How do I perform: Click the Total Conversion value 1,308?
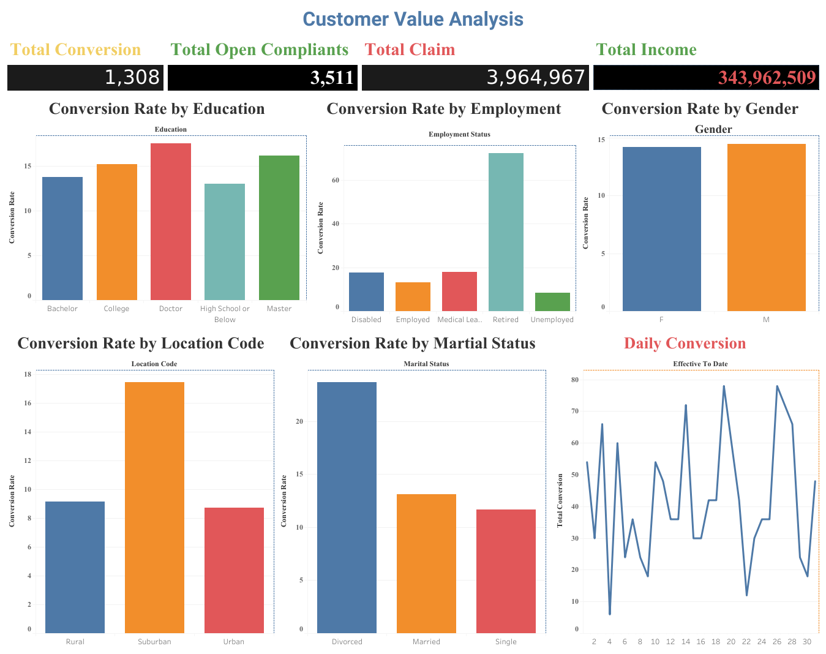(132, 77)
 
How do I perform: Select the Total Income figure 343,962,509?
(767, 78)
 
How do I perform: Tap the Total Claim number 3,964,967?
(536, 77)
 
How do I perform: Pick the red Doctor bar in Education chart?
(171, 222)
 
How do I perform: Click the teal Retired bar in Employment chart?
(506, 232)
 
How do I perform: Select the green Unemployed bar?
(552, 302)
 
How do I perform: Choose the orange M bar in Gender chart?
(766, 227)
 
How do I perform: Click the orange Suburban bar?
(154, 507)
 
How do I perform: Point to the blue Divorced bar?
(347, 507)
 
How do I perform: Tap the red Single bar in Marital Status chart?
(506, 571)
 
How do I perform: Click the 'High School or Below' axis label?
(225, 314)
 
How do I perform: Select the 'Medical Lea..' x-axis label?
(460, 320)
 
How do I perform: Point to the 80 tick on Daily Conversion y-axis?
(574, 380)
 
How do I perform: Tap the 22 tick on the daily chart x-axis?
(746, 642)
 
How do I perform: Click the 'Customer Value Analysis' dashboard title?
(413, 19)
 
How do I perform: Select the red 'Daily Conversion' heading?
(685, 343)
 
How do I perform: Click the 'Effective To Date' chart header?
(700, 364)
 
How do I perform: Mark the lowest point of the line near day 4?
(610, 614)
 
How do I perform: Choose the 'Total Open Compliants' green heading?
(259, 50)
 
